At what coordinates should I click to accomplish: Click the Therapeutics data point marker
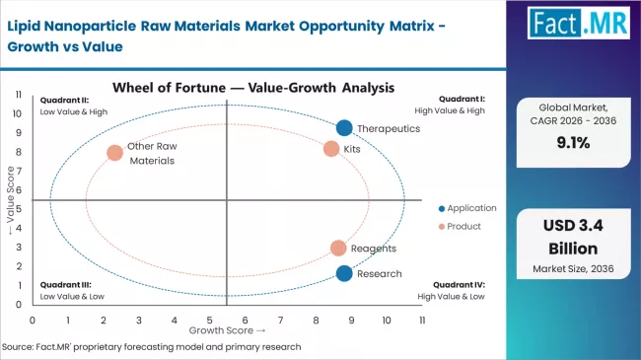[344, 127]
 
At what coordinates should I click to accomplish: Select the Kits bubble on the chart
[331, 149]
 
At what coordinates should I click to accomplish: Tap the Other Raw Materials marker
[115, 153]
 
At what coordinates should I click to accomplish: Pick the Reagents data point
[338, 249]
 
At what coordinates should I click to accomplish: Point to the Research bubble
[343, 273]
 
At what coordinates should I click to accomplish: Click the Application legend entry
[467, 208]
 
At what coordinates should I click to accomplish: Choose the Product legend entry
[460, 226]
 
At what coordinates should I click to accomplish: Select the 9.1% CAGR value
[577, 142]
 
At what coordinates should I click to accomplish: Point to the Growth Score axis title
[228, 331]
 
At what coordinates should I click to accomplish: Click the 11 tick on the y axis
[19, 94]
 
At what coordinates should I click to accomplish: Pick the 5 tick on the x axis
[209, 321]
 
